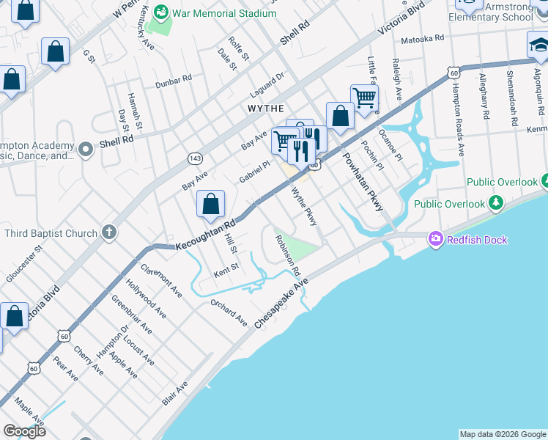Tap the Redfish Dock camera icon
tap(436, 239)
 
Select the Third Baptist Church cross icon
tap(109, 233)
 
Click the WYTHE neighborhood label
tap(265, 108)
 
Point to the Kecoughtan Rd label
tap(205, 235)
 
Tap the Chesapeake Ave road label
tap(282, 302)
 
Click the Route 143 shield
tap(195, 158)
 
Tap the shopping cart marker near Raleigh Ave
tap(363, 97)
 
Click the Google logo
tap(24, 431)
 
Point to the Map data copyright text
tap(502, 434)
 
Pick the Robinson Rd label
tap(288, 255)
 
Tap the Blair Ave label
tap(175, 392)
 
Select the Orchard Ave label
tap(229, 312)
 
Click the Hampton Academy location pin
tap(86, 150)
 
